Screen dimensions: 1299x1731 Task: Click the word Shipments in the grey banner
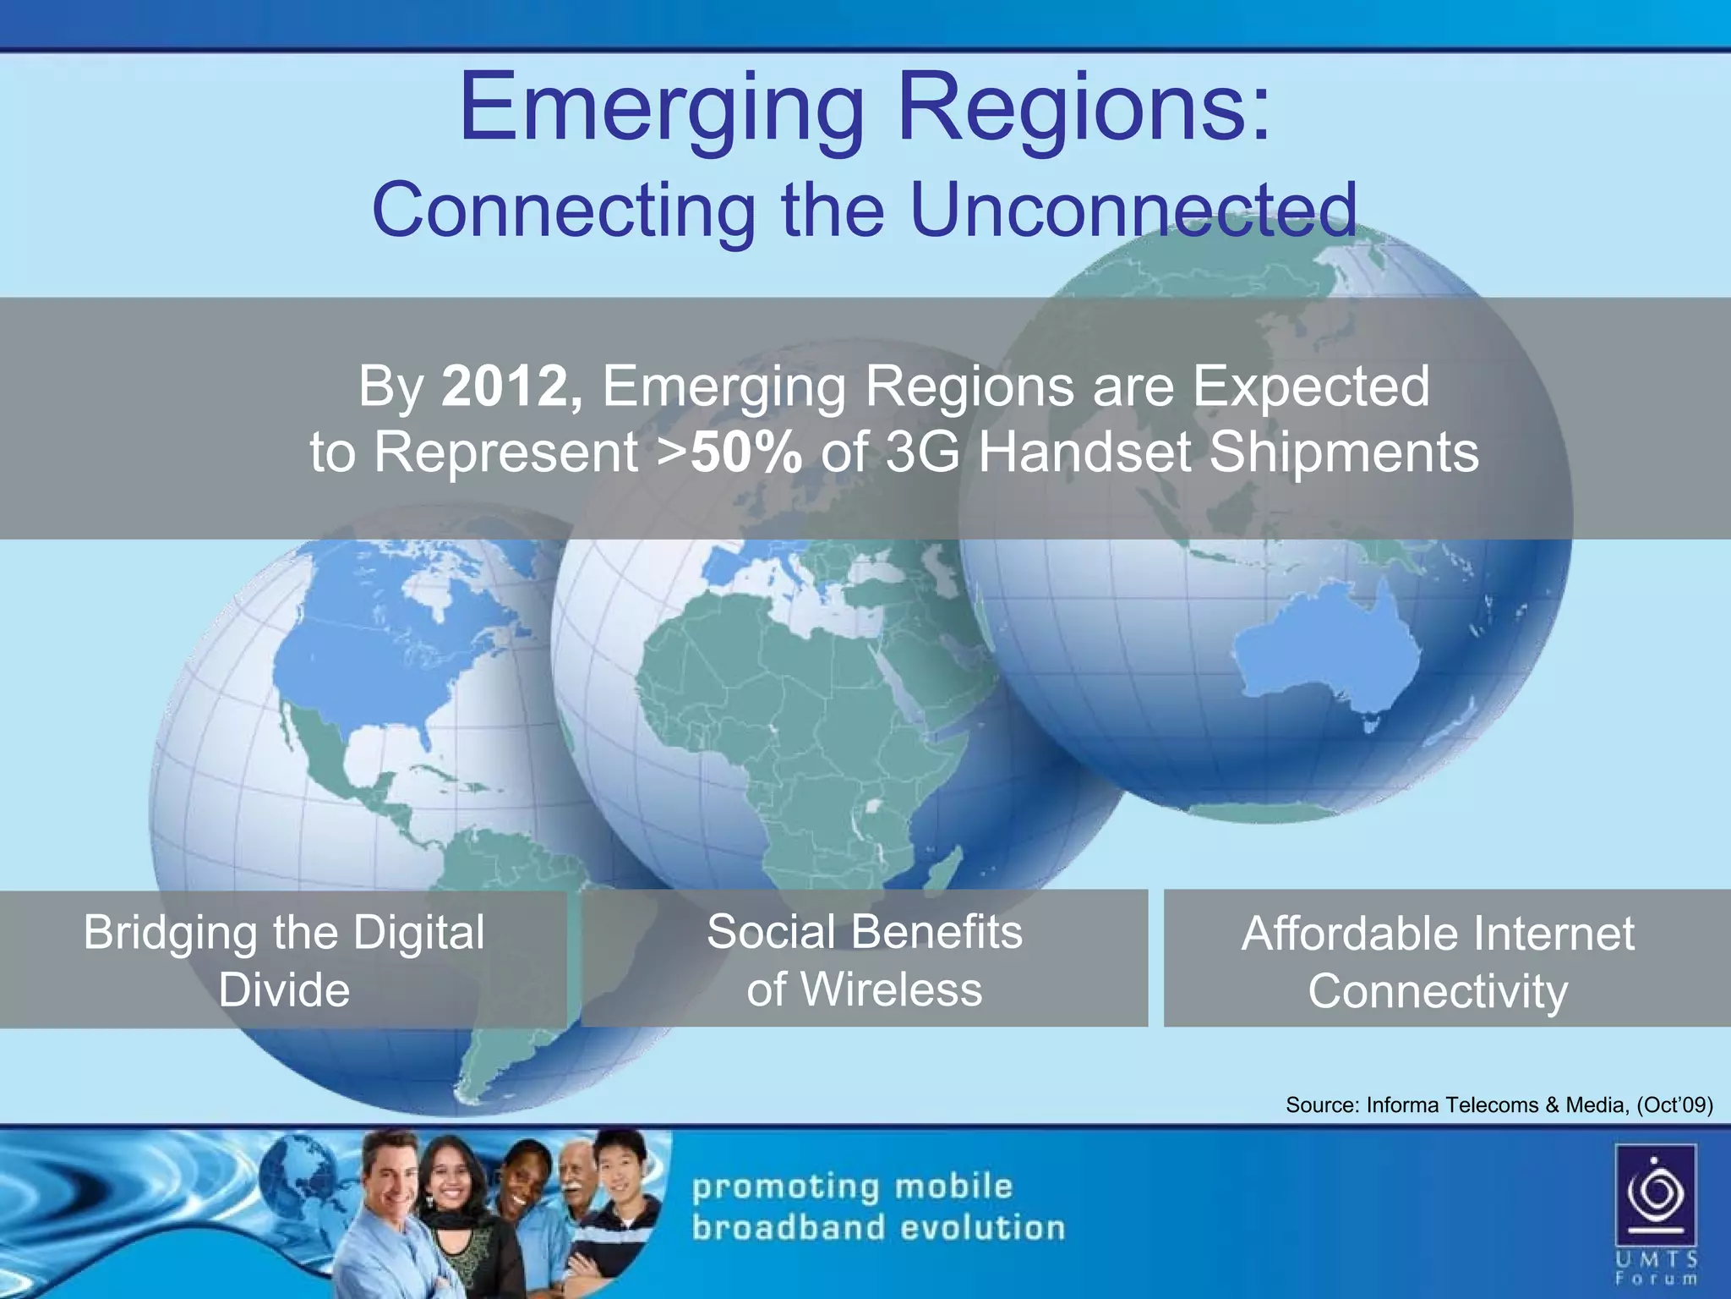(1344, 452)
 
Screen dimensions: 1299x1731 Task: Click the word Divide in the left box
(284, 990)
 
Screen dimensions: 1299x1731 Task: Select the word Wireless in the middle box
(891, 989)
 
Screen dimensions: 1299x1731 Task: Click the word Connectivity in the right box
(1438, 991)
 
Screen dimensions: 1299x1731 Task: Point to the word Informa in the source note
(1405, 1104)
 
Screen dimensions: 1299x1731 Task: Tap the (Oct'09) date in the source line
(1674, 1104)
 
